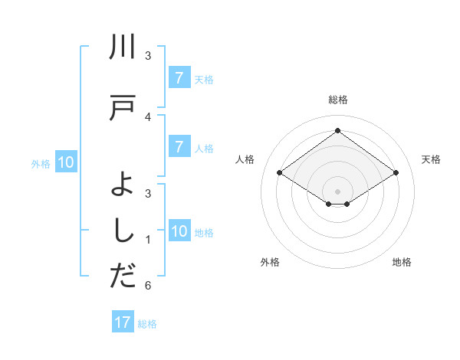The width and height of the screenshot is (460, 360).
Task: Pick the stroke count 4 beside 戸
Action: (x=148, y=117)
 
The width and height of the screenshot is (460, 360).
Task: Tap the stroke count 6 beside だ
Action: (x=148, y=286)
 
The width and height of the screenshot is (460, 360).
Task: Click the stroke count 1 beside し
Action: (x=148, y=240)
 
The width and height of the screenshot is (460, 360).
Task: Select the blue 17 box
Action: (x=123, y=322)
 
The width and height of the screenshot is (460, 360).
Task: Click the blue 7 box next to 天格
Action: (x=179, y=77)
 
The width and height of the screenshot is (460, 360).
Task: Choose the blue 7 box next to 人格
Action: (x=179, y=147)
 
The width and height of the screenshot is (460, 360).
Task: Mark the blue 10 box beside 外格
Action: (x=66, y=162)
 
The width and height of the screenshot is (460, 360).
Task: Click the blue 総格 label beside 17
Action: (x=147, y=323)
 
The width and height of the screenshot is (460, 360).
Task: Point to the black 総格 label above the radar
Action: (x=337, y=100)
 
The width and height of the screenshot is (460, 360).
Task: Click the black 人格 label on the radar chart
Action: (x=245, y=159)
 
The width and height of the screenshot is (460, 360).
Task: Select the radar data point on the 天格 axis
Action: (x=396, y=173)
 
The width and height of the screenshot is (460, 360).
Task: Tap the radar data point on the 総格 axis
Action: (x=337, y=131)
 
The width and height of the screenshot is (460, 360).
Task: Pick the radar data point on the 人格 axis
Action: (x=280, y=173)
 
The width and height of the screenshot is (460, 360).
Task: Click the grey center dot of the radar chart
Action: (x=337, y=191)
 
